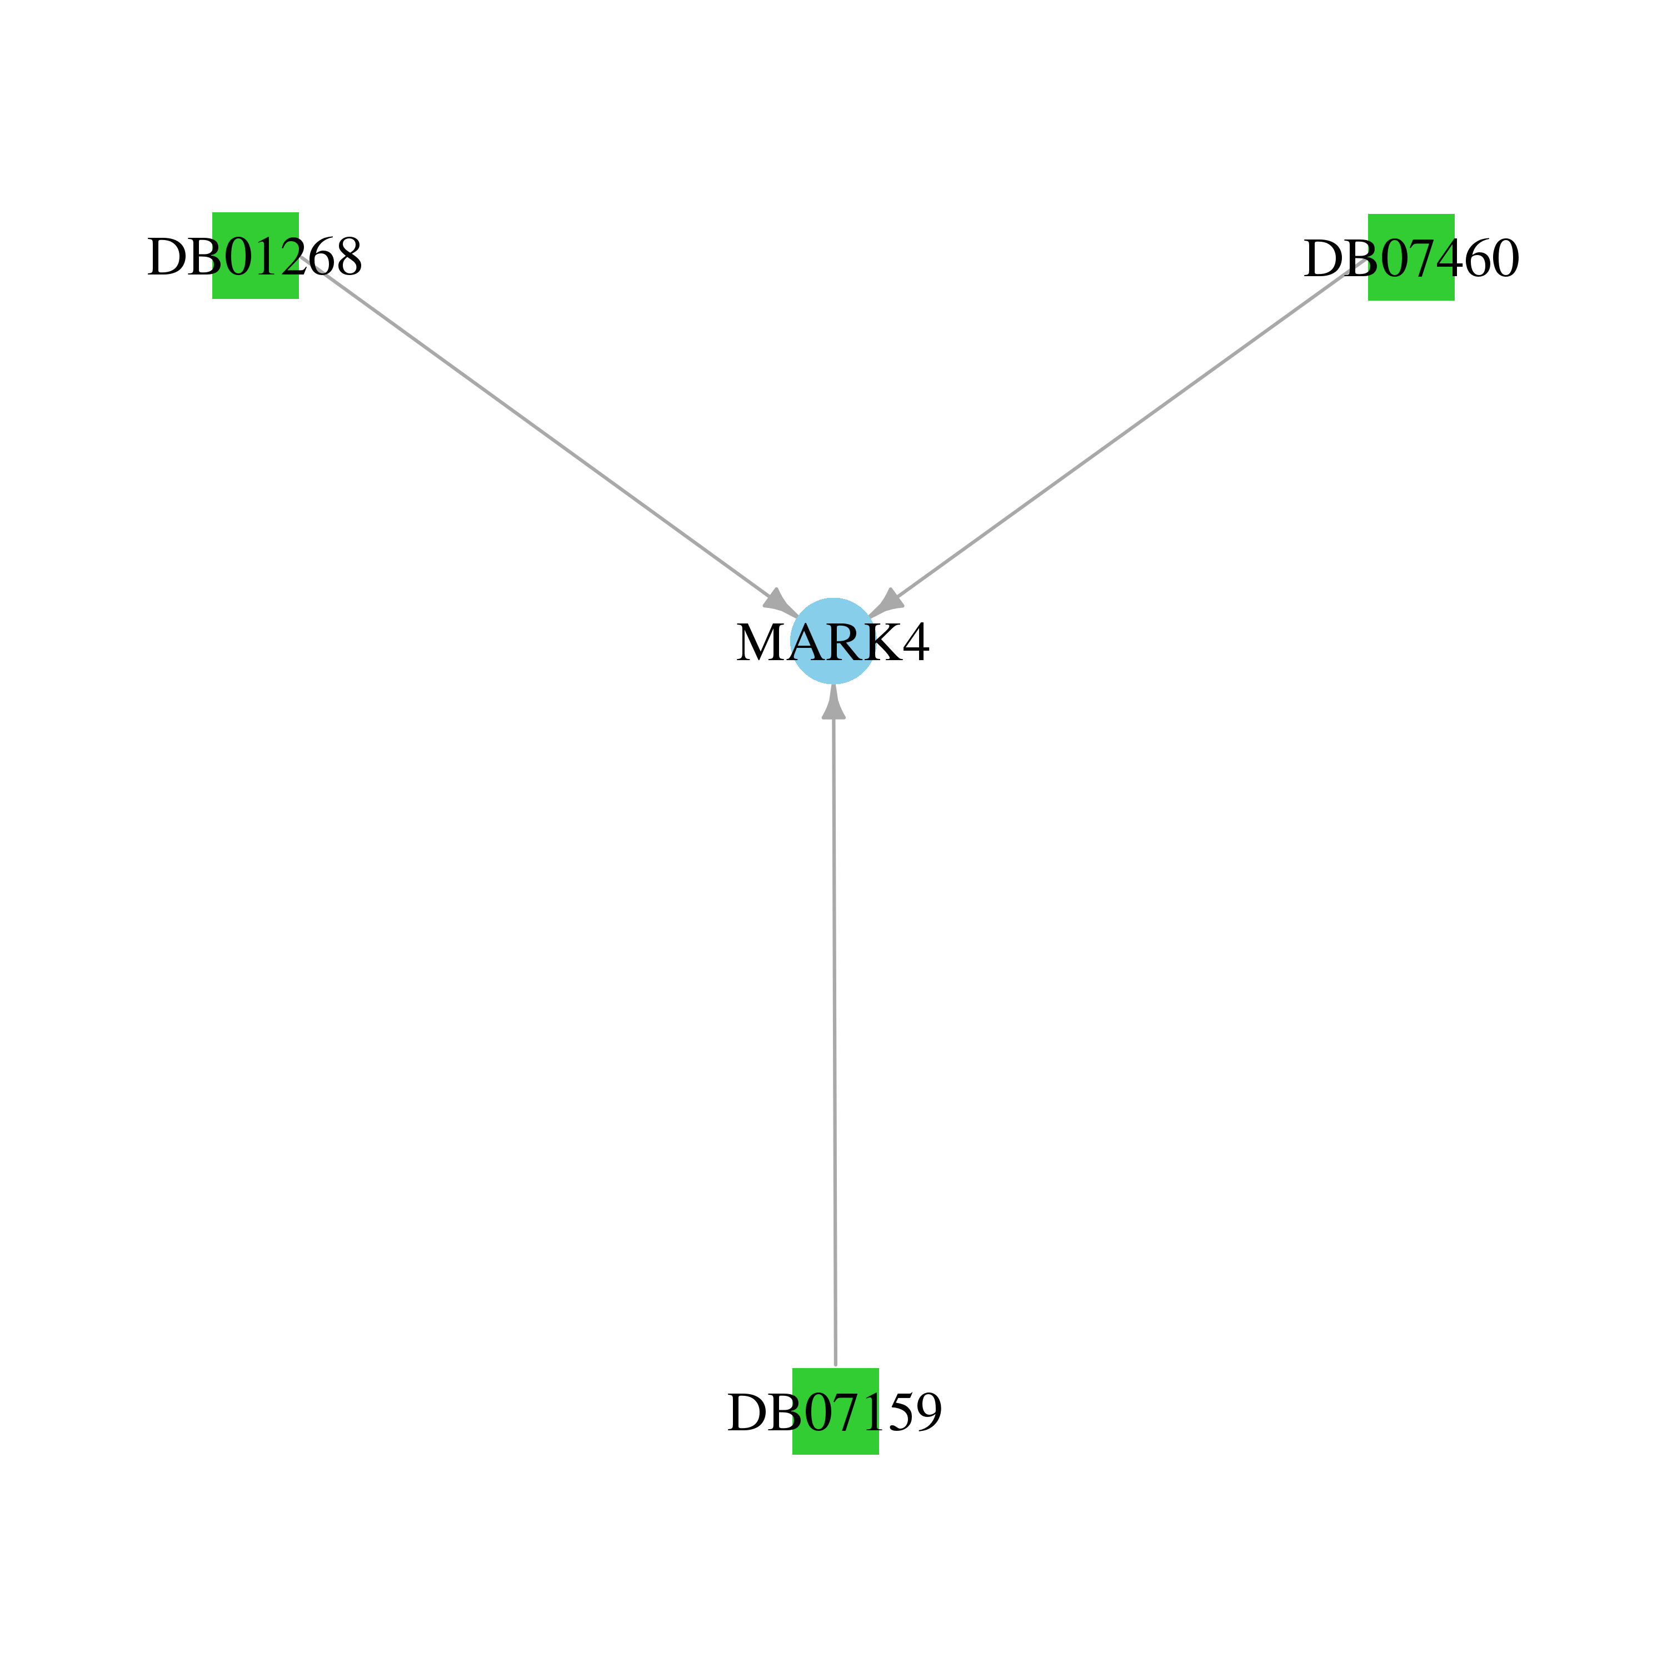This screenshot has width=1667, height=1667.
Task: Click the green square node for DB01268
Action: pos(256,256)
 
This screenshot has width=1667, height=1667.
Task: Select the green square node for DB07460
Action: pos(1411,257)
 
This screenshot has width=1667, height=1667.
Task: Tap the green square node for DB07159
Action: pos(835,1411)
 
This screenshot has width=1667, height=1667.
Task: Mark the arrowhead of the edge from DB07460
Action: pos(886,603)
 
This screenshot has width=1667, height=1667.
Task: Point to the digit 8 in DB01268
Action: pos(348,257)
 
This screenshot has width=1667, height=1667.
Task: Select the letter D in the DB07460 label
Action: pos(1320,259)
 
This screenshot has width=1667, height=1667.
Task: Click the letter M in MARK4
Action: pos(759,643)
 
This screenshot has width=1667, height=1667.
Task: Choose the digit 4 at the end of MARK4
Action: pos(916,643)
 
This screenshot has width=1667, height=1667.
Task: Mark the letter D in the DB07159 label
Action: pos(745,1413)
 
